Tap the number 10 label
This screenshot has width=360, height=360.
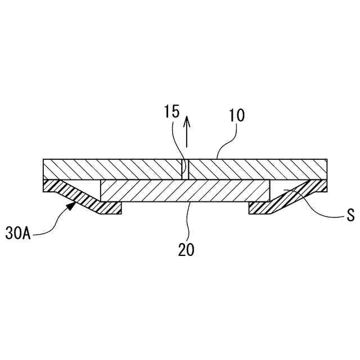pyautogui.click(x=237, y=116)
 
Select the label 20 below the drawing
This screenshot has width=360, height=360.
pyautogui.click(x=186, y=249)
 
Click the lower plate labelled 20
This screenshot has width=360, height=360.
pyautogui.click(x=186, y=192)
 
